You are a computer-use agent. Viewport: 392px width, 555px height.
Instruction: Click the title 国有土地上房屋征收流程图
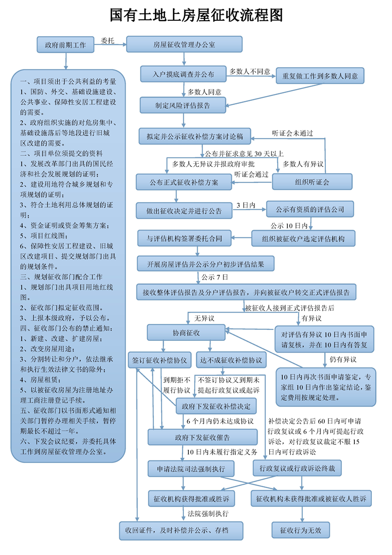tap(196, 15)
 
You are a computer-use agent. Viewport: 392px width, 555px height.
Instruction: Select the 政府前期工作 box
tap(65, 45)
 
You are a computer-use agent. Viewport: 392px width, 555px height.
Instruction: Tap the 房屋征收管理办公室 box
tap(184, 45)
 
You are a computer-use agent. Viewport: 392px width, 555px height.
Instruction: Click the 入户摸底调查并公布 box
tap(183, 74)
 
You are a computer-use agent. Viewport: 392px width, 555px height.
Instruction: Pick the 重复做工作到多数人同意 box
tap(320, 76)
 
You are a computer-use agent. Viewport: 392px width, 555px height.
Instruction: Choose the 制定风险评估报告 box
tap(183, 105)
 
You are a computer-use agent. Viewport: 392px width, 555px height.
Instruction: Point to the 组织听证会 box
tap(312, 182)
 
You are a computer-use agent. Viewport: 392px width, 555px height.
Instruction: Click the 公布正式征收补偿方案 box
tap(184, 182)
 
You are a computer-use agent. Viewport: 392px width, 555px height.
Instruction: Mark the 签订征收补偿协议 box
tap(159, 360)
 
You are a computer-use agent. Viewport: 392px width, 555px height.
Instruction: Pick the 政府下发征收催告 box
tap(202, 437)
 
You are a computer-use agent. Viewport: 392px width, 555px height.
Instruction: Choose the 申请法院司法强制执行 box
tap(191, 468)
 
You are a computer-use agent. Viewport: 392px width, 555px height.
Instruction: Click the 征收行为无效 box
tap(301, 531)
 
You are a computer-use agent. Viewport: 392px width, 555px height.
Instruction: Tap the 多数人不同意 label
tap(250, 72)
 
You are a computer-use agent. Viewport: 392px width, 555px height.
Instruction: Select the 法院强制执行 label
tap(208, 514)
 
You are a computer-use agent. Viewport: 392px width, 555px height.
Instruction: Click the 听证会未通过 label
tap(293, 133)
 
